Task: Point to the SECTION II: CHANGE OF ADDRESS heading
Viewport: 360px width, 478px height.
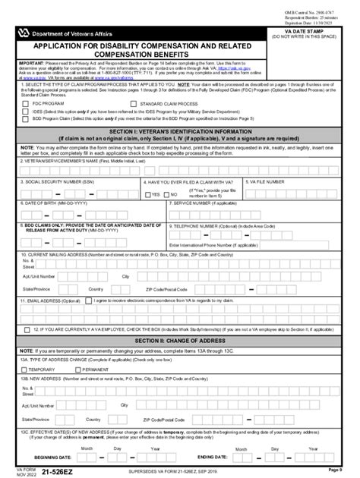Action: tap(179, 341)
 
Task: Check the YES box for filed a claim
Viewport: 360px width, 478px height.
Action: tap(148, 194)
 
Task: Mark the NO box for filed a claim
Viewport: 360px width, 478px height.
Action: tap(168, 194)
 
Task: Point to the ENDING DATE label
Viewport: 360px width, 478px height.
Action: tap(213, 458)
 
